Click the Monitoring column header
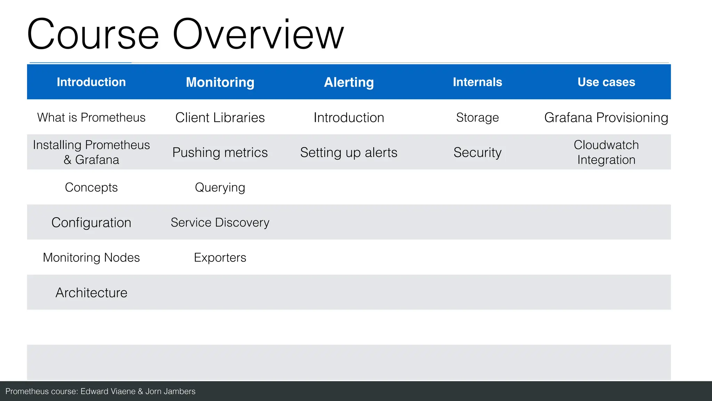point(220,82)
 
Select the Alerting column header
point(349,82)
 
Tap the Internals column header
point(477,82)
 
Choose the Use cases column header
point(606,82)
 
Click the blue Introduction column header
point(91,82)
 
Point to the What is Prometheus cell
point(91,118)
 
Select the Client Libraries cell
point(220,118)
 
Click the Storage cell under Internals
point(477,118)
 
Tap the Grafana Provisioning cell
point(606,118)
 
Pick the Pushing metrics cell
point(220,152)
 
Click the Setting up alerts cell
point(349,152)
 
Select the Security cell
point(477,152)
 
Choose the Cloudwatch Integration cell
point(606,152)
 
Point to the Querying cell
point(220,188)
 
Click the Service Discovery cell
point(220,222)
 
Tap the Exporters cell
point(220,258)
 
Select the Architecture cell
point(91,293)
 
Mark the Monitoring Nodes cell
point(91,258)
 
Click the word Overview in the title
point(258,35)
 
